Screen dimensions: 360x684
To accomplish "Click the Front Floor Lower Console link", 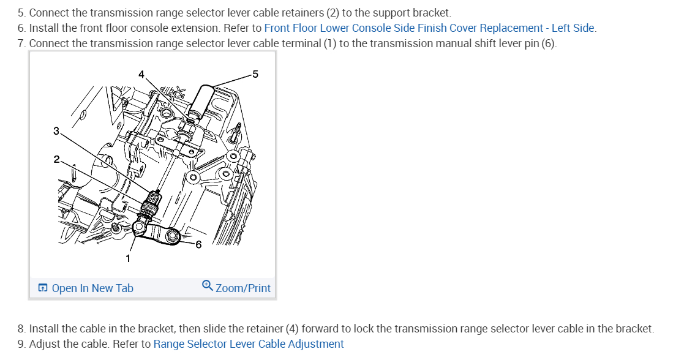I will click(x=429, y=28).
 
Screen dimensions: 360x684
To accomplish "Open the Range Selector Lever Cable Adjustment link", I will click(x=249, y=344).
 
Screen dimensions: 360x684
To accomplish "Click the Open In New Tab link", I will click(x=92, y=288).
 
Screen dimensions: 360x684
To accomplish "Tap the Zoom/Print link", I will click(x=242, y=288).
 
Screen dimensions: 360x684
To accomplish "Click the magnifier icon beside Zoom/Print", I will click(x=208, y=286).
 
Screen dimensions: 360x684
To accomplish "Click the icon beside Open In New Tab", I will click(x=43, y=288).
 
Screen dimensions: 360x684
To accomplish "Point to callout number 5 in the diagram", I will click(x=255, y=75).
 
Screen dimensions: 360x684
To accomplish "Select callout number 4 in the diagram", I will click(x=141, y=75).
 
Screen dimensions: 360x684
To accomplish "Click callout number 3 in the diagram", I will click(x=56, y=131).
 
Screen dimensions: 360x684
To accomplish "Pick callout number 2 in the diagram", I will click(x=56, y=159).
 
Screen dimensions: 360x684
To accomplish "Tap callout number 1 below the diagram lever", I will click(x=128, y=258).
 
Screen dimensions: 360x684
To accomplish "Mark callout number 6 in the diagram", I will click(x=198, y=245).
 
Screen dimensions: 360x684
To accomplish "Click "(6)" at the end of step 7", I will click(x=548, y=43).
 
